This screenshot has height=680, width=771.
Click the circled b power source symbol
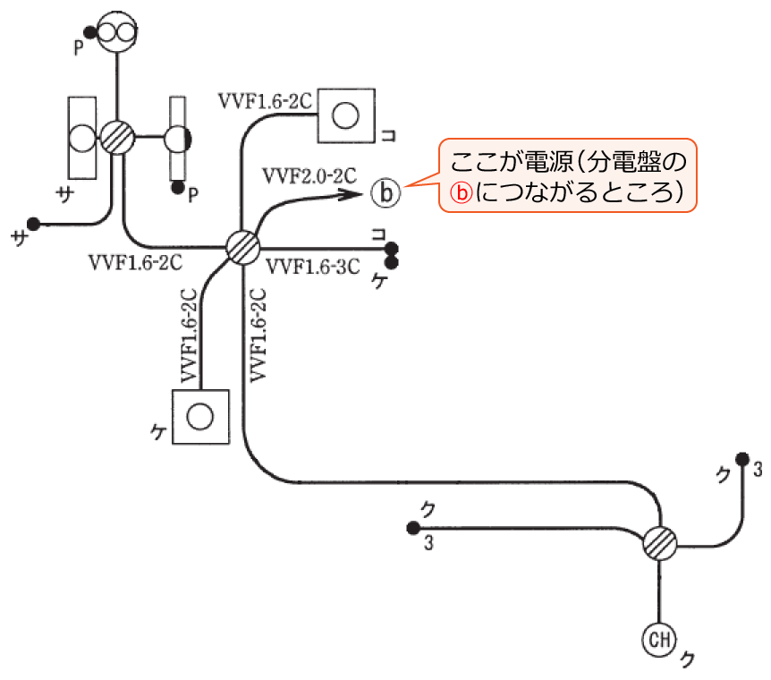386,193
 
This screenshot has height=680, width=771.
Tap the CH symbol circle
659,639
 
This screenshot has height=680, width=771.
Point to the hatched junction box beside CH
660,542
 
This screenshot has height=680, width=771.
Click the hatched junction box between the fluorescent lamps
117,138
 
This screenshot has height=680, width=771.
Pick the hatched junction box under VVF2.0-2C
241,246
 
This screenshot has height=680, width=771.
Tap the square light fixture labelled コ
345,115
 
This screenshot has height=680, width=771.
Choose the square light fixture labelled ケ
200,415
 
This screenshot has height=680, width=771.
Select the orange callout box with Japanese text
567,175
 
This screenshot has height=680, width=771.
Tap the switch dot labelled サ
34,223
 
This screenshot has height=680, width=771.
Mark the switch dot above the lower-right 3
741,460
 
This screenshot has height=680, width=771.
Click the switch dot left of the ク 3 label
412,528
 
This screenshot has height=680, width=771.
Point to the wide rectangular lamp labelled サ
82,137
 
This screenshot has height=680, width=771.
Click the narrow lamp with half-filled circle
177,139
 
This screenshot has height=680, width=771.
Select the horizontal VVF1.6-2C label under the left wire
136,263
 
